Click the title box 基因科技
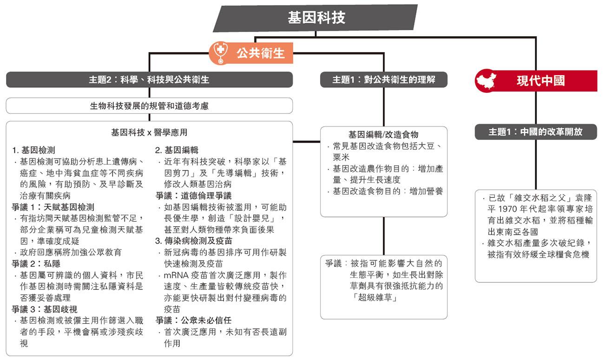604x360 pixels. pyautogui.click(x=315, y=18)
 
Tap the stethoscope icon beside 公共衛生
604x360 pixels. pyautogui.click(x=220, y=52)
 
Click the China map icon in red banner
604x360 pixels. pyautogui.click(x=486, y=80)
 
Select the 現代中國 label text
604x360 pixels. pyautogui.click(x=541, y=81)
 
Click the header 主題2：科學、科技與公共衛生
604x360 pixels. pyautogui.click(x=149, y=79)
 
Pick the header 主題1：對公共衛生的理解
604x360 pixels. pyautogui.click(x=384, y=79)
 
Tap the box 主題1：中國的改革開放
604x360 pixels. pyautogui.click(x=536, y=132)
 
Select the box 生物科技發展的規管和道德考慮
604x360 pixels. pyautogui.click(x=149, y=106)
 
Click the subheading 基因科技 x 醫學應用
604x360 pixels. pyautogui.click(x=149, y=132)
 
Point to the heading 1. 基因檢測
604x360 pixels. pyautogui.click(x=33, y=150)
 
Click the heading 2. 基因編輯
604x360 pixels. pyautogui.click(x=177, y=150)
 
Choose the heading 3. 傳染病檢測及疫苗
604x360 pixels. pyautogui.click(x=194, y=241)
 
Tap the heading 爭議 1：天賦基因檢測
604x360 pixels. pyautogui.click(x=53, y=207)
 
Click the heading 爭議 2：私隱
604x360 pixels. pyautogui.click(x=36, y=264)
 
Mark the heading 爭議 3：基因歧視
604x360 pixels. pyautogui.click(x=45, y=309)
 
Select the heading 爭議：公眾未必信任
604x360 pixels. pyautogui.click(x=193, y=321)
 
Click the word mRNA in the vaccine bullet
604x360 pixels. pyautogui.click(x=176, y=275)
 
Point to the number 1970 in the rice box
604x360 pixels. pyautogui.click(x=507, y=209)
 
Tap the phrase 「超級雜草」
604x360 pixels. pyautogui.click(x=374, y=297)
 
